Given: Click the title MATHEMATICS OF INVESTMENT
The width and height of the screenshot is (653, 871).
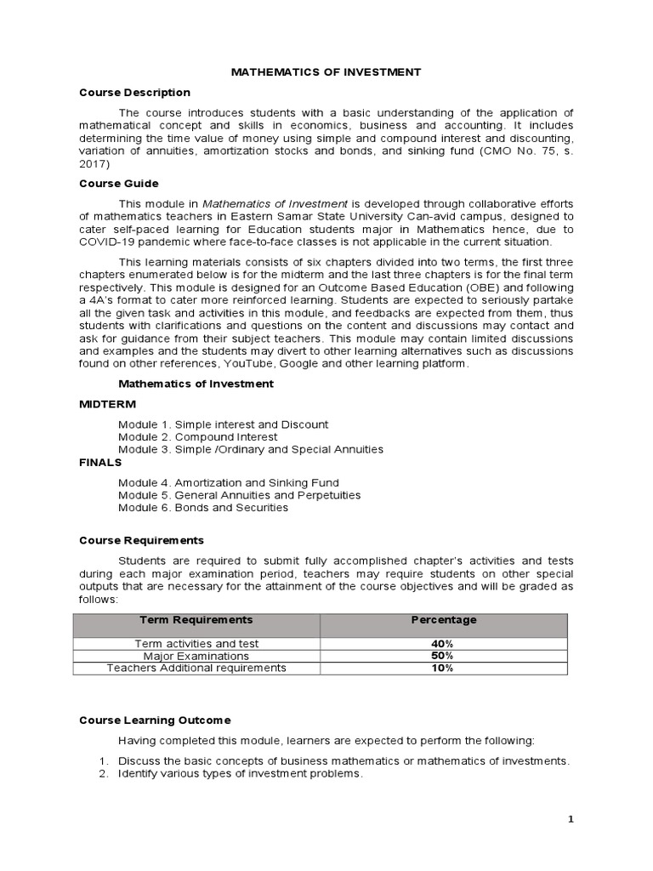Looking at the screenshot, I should [x=326, y=72].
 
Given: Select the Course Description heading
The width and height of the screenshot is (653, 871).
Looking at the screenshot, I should [x=134, y=92].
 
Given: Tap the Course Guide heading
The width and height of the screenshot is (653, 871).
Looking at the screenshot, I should [x=118, y=183].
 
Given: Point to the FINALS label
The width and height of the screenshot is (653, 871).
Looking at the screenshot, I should [x=100, y=462].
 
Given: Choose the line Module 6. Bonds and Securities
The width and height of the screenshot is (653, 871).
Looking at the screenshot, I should [x=203, y=508].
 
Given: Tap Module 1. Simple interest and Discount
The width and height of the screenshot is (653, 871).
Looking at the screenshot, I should [x=223, y=424].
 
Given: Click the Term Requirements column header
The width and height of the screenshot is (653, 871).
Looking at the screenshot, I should [x=196, y=620].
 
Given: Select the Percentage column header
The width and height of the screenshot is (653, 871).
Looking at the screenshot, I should [x=444, y=620].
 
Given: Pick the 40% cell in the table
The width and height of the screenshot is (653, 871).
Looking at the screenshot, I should [x=443, y=644].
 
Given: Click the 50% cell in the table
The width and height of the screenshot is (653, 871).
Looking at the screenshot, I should [x=443, y=656].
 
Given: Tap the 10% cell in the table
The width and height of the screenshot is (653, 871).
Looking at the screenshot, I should [x=443, y=668].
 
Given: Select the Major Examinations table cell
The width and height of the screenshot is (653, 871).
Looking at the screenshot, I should [x=196, y=656].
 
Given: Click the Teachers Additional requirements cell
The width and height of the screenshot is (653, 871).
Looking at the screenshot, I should [x=196, y=668].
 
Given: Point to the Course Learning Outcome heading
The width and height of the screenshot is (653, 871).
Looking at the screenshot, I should [x=155, y=720].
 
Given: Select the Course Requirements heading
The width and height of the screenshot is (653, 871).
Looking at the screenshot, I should [x=141, y=540].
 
